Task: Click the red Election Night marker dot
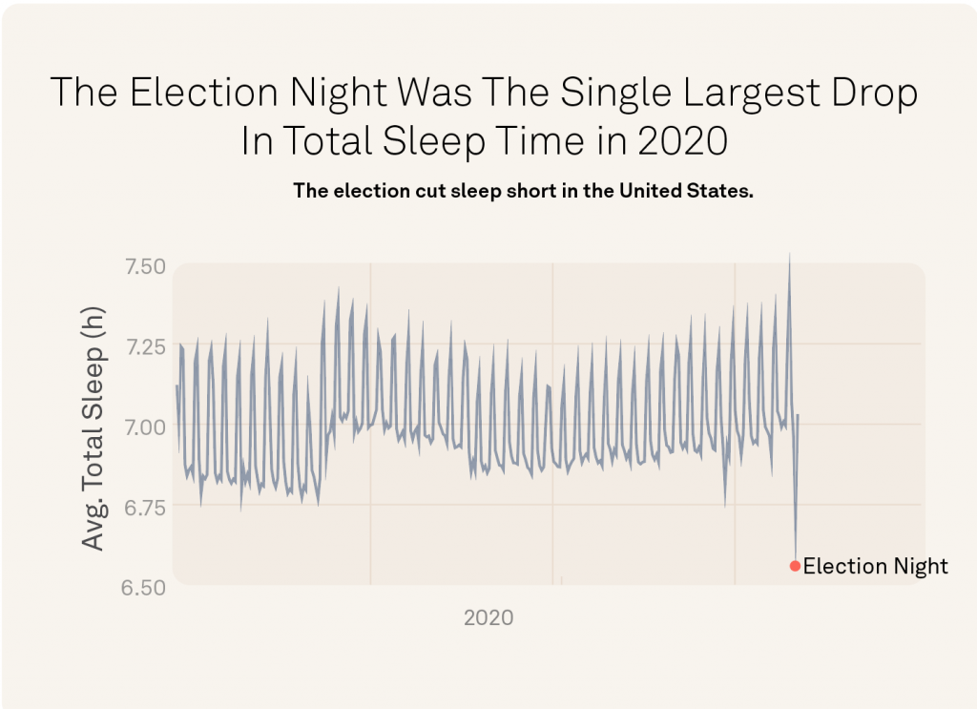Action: [x=795, y=566]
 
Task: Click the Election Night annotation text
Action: [x=875, y=566]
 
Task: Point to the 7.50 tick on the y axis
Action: [x=146, y=266]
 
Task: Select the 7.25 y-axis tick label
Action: [x=146, y=345]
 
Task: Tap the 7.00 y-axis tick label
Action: [x=146, y=426]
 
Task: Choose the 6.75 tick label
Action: [x=146, y=506]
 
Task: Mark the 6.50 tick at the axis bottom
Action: [x=146, y=586]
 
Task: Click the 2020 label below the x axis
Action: [x=488, y=617]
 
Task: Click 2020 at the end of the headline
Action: [x=681, y=142]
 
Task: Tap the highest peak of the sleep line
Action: [x=789, y=254]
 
